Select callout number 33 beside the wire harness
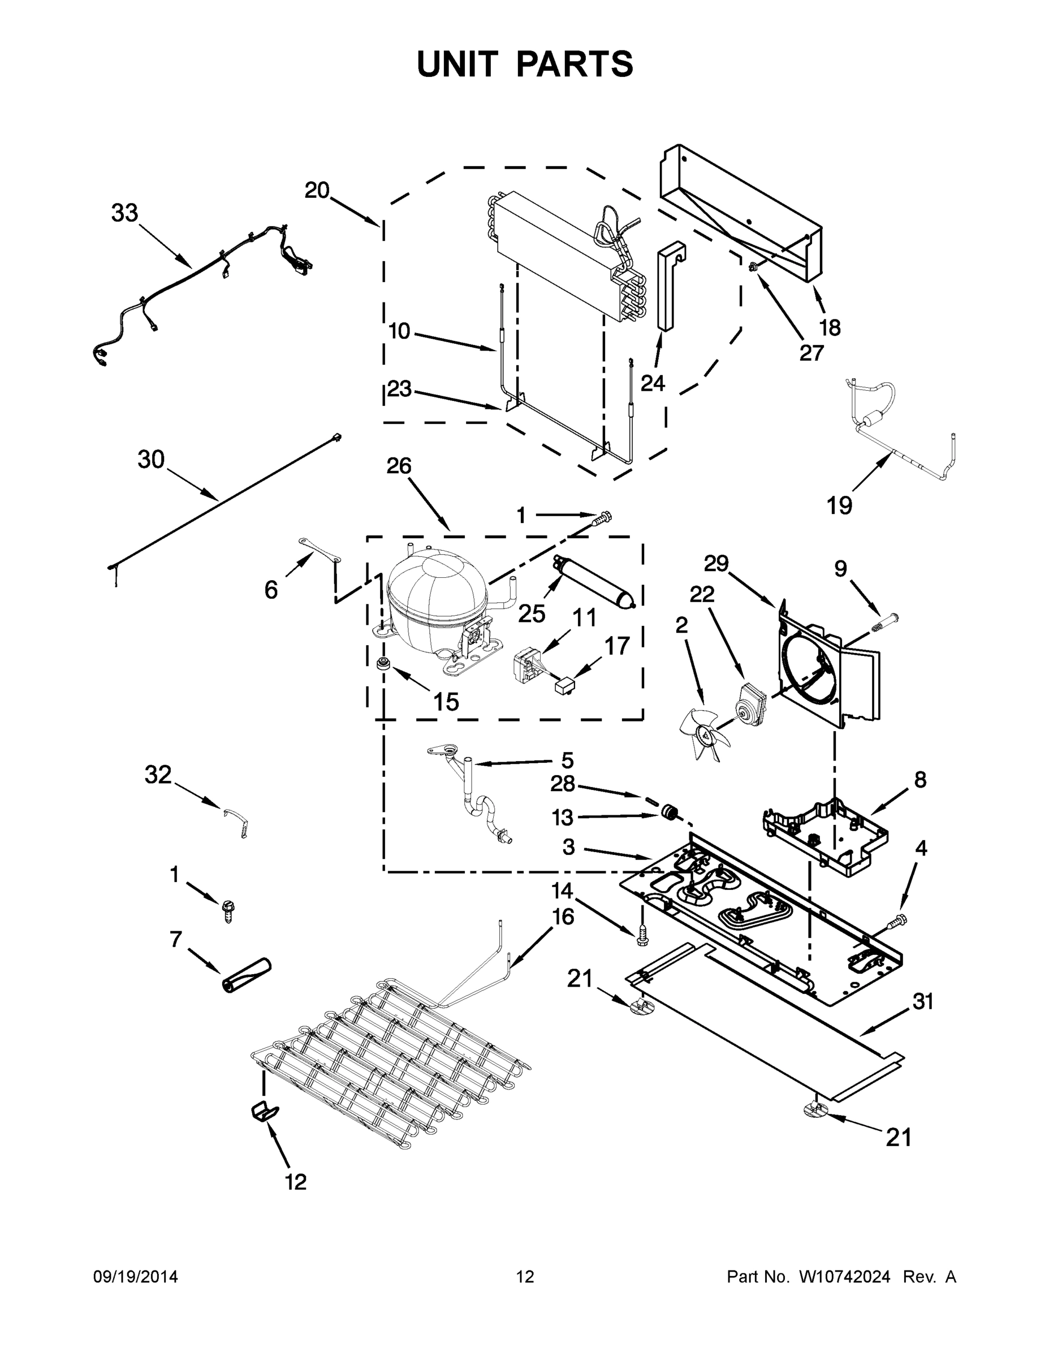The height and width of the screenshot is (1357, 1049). [124, 213]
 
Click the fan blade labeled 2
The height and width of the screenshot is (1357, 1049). [703, 734]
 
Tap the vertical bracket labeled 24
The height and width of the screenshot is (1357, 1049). [668, 286]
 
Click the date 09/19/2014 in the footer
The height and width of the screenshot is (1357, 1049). [136, 1277]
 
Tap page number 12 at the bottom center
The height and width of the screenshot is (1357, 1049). [525, 1277]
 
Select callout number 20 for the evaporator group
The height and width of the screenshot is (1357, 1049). [316, 190]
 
